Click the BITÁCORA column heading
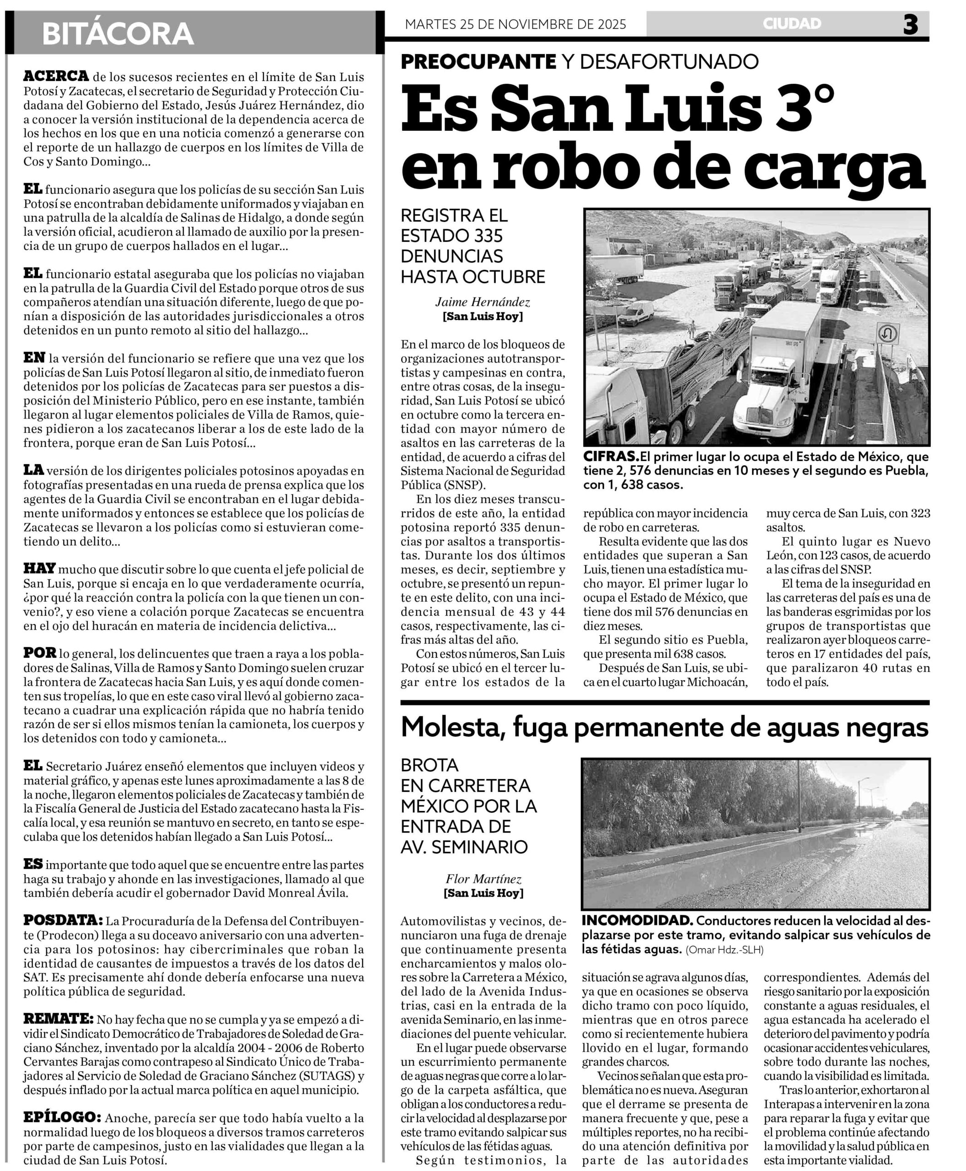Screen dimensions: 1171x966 118,34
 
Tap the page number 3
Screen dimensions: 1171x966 910,25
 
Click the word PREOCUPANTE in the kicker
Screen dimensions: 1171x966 478,62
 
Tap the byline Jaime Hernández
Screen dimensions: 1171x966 483,302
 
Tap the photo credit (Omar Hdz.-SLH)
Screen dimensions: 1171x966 724,950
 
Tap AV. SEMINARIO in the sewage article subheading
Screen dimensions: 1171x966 464,847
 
